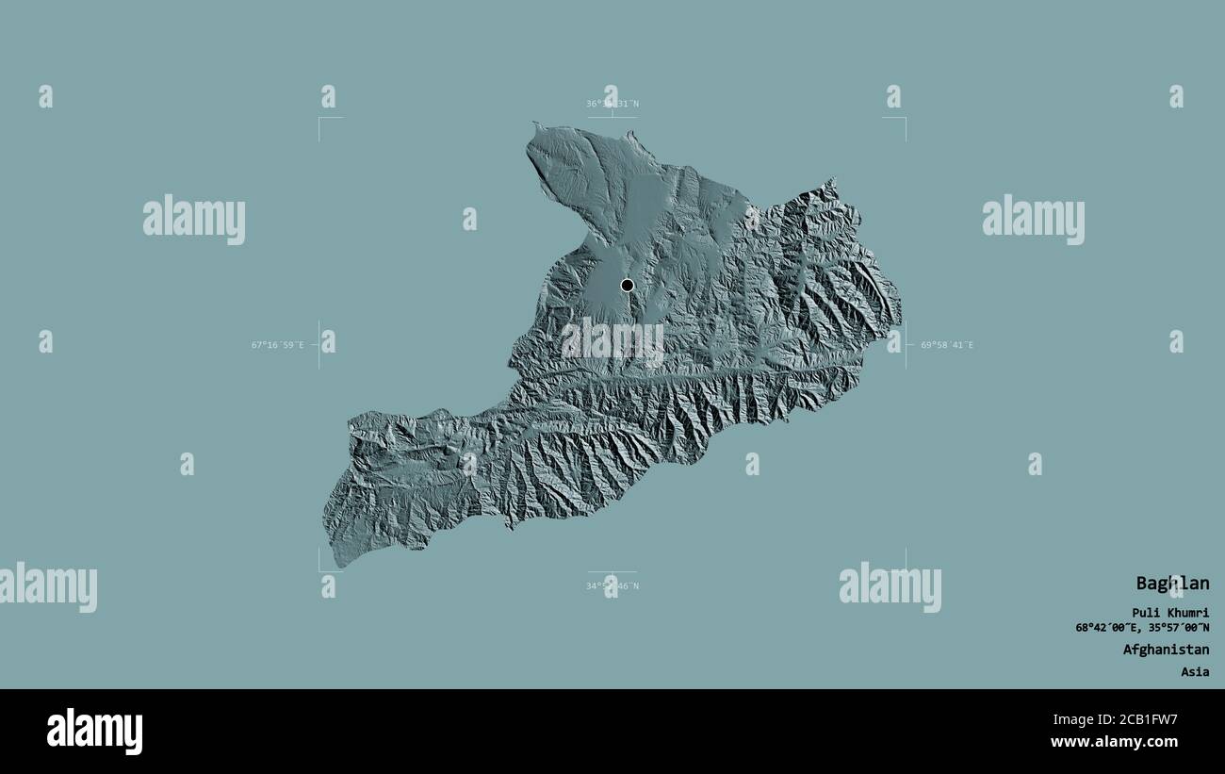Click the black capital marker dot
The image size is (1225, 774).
pyautogui.click(x=628, y=285)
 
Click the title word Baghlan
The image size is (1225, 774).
pyautogui.click(x=1171, y=584)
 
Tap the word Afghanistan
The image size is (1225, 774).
pyautogui.click(x=1166, y=650)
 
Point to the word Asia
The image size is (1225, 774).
pyautogui.click(x=1195, y=672)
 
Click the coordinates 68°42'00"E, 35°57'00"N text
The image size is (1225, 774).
pyautogui.click(x=1142, y=628)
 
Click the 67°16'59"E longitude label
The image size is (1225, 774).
pyautogui.click(x=277, y=345)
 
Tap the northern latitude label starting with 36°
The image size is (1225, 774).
pyautogui.click(x=612, y=104)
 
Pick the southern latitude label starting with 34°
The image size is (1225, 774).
pyautogui.click(x=612, y=586)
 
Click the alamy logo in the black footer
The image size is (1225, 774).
pyautogui.click(x=94, y=732)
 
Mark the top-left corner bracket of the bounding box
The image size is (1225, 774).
pyautogui.click(x=319, y=118)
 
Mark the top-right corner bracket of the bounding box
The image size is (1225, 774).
pyautogui.click(x=905, y=118)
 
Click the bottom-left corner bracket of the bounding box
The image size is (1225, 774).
pyautogui.click(x=319, y=570)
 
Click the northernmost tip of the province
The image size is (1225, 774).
pyautogui.click(x=535, y=124)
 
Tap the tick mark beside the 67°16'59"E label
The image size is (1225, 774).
pyautogui.click(x=318, y=345)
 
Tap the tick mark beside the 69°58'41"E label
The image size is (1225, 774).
pyautogui.click(x=906, y=345)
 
